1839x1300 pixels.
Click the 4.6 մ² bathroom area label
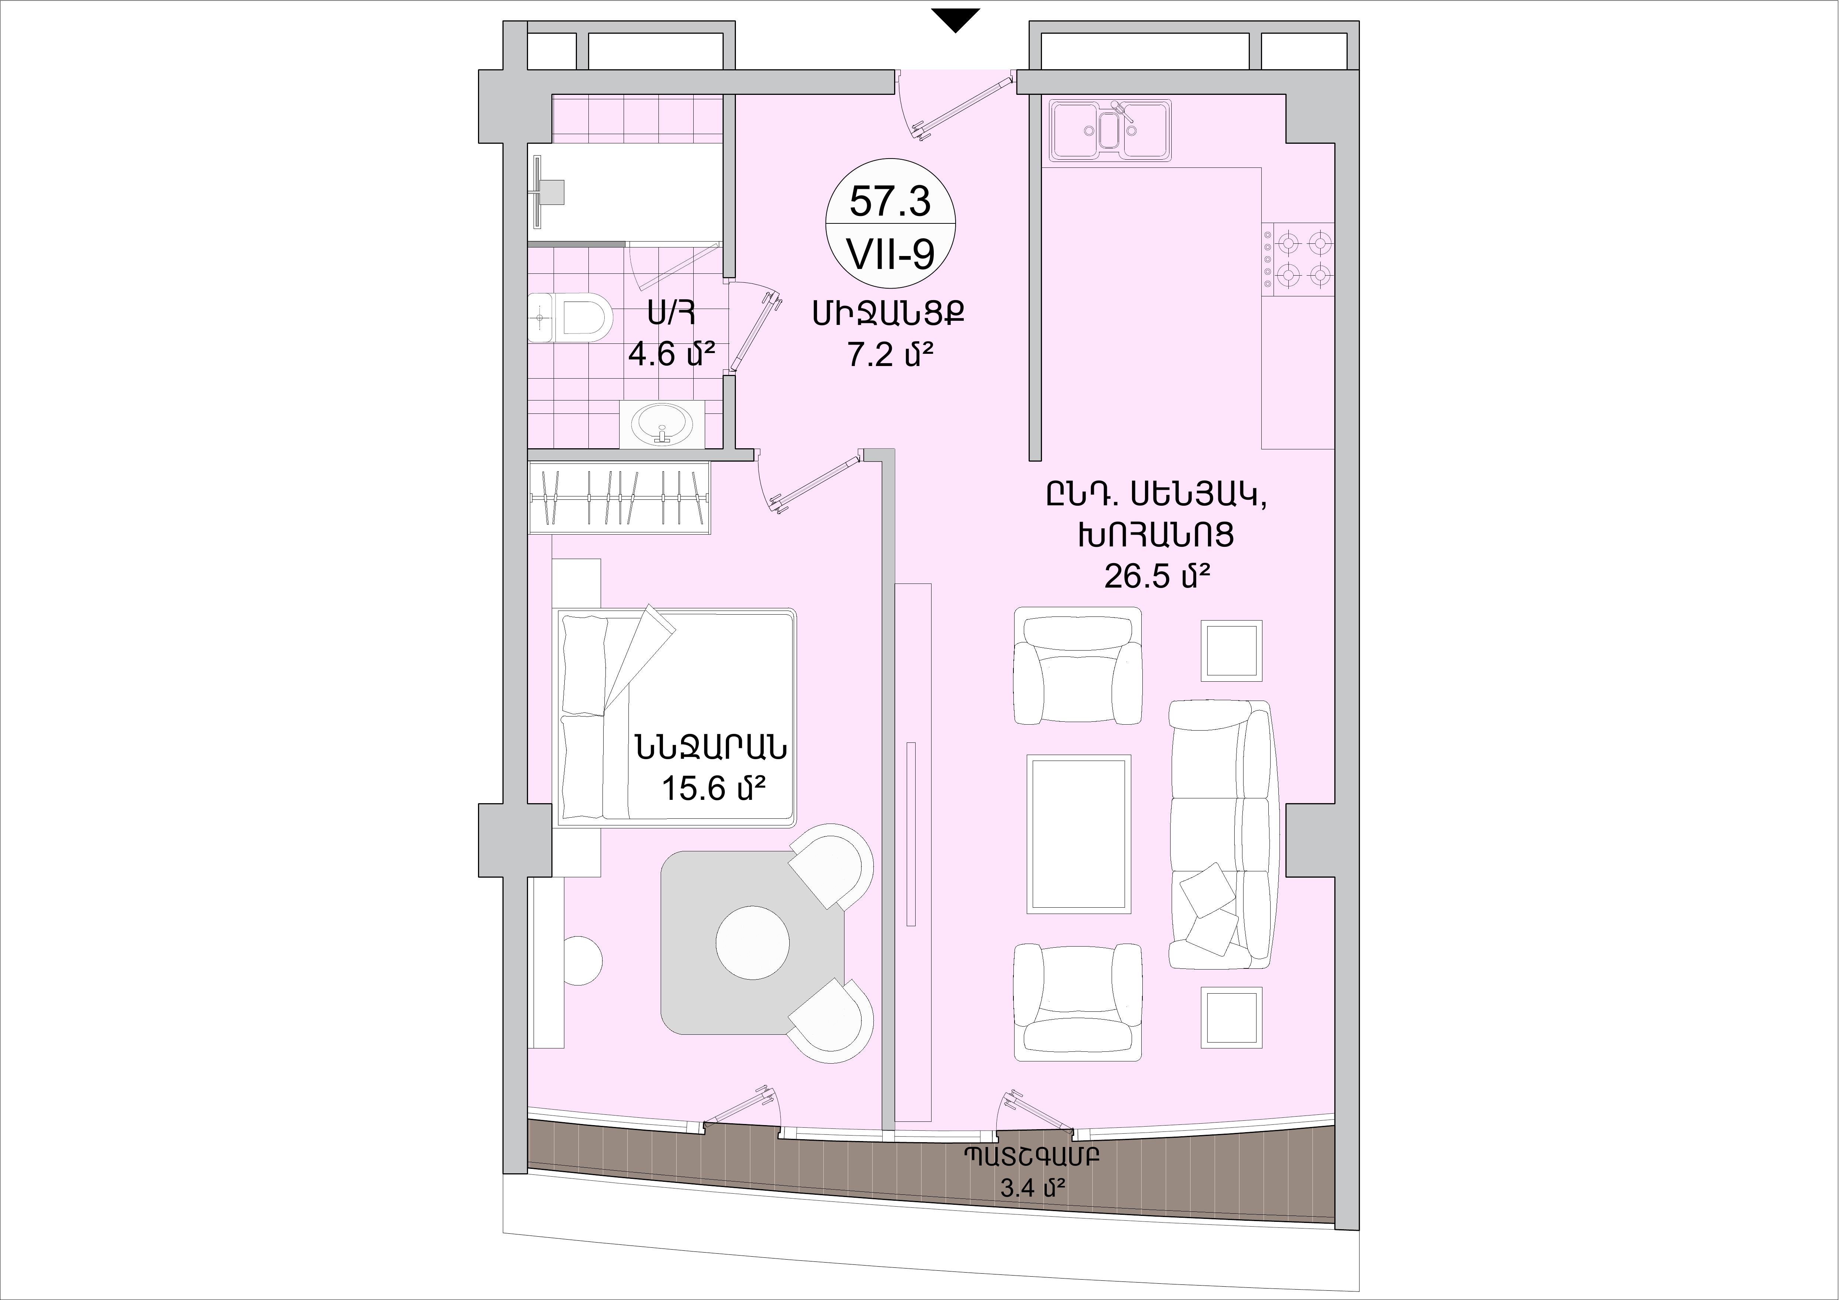point(671,353)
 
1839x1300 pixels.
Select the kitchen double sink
point(1109,130)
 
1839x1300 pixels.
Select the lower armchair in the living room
point(1077,1002)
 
